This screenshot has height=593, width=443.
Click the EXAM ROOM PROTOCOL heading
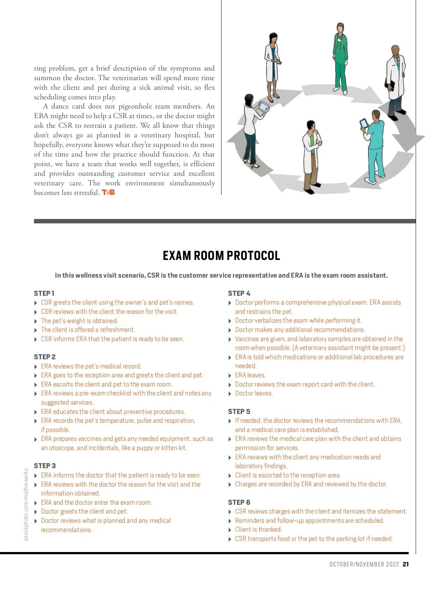click(221, 256)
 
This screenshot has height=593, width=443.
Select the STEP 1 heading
click(44, 293)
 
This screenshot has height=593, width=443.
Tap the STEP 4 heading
click(239, 293)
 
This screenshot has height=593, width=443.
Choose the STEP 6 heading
click(239, 502)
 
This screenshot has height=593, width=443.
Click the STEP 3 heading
click(45, 466)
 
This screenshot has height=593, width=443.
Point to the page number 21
click(406, 564)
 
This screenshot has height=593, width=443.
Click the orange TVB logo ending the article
click(109, 192)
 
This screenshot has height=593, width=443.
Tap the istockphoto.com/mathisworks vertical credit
click(26, 505)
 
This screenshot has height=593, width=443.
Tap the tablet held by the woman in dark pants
click(263, 108)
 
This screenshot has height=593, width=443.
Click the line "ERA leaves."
click(250, 375)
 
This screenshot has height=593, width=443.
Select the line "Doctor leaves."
click(254, 393)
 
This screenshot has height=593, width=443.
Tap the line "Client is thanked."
click(258, 529)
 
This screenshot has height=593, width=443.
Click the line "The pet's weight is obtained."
click(79, 321)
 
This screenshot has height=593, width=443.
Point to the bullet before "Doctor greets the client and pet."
click(36, 512)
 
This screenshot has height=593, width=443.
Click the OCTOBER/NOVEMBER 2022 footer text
click(364, 564)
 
